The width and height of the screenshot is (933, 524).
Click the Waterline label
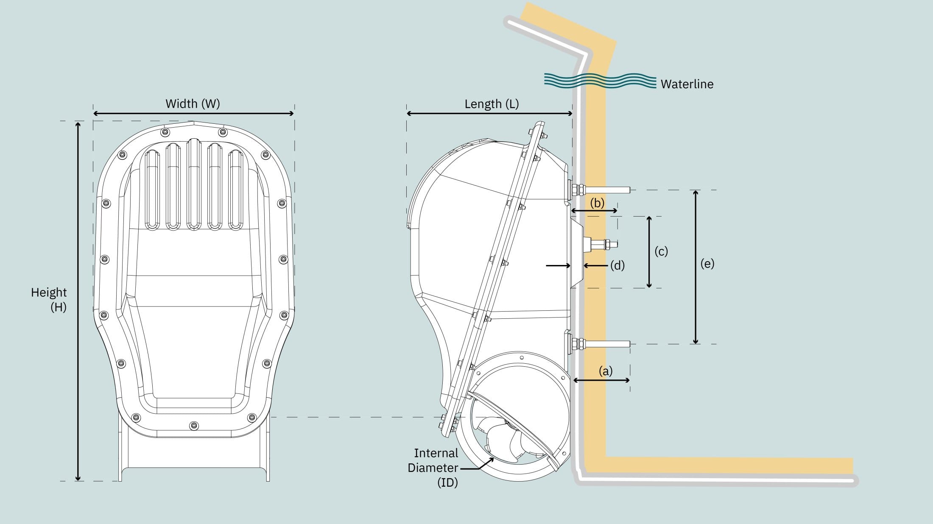pyautogui.click(x=687, y=84)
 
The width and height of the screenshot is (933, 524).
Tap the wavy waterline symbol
pyautogui.click(x=600, y=81)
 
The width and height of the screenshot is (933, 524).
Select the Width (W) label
pyautogui.click(x=193, y=103)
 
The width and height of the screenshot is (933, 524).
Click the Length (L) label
pyautogui.click(x=492, y=104)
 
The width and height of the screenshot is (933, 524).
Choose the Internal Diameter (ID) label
pyautogui.click(x=434, y=468)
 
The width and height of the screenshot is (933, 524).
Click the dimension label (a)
pyautogui.click(x=605, y=371)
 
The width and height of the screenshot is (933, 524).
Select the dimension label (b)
pyautogui.click(x=597, y=203)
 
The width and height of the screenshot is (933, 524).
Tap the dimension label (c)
pyautogui.click(x=661, y=251)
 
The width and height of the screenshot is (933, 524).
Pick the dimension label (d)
pyautogui.click(x=617, y=266)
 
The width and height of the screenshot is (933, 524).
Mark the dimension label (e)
pyautogui.click(x=707, y=264)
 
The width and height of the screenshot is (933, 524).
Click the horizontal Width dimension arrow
pyautogui.click(x=193, y=114)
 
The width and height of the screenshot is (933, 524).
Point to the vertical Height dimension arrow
pyautogui.click(x=78, y=301)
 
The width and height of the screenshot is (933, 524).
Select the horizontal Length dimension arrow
pyautogui.click(x=489, y=114)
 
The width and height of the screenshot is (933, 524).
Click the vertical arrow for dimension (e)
pyautogui.click(x=696, y=267)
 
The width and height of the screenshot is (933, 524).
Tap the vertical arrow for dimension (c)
pyautogui.click(x=649, y=252)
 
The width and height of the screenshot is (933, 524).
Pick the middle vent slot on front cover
pyautogui.click(x=193, y=184)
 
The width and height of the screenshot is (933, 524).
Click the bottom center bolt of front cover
pyautogui.click(x=194, y=425)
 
